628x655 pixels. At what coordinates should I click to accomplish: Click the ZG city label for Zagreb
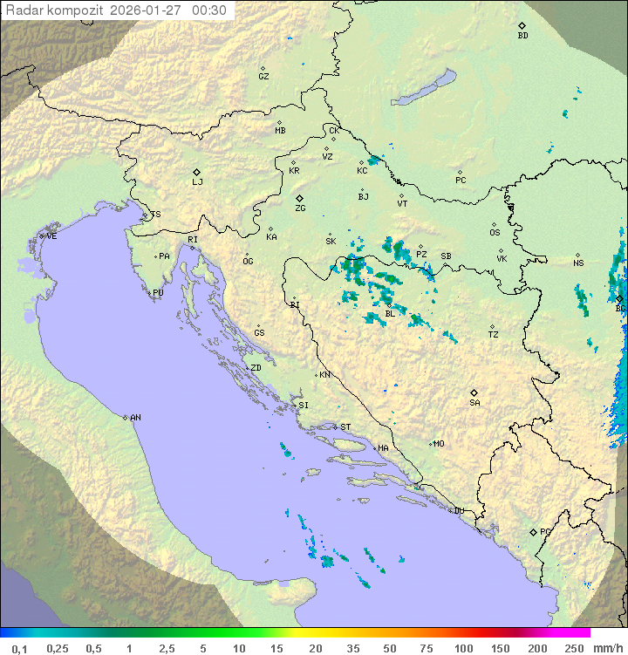300,208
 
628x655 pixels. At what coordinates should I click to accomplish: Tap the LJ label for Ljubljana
197,182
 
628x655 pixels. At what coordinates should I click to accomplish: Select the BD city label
522,36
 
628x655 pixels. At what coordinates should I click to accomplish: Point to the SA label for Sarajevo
474,403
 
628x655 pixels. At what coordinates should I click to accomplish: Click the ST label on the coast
345,427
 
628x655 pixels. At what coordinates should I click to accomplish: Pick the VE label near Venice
51,236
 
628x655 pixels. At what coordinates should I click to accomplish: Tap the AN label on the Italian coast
135,418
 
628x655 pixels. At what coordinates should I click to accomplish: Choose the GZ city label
263,77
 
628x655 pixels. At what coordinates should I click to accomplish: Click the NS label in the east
578,263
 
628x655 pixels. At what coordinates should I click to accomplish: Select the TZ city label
494,335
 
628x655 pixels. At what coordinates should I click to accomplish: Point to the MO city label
439,444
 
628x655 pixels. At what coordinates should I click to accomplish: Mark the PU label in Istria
158,293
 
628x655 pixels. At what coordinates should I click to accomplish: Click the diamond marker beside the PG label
533,532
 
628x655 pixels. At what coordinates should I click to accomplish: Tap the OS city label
495,233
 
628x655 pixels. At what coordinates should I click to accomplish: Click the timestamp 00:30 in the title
209,10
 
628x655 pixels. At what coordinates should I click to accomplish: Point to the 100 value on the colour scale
462,648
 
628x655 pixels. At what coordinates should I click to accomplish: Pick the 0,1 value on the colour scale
19,648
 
